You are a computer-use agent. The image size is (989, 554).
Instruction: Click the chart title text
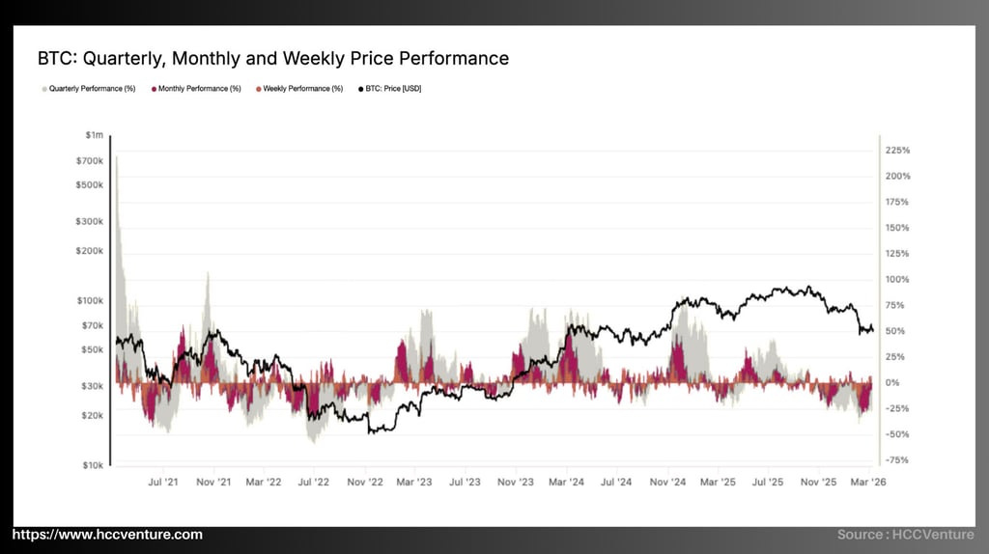pos(273,58)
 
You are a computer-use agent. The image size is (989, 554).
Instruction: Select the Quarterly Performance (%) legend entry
pos(89,89)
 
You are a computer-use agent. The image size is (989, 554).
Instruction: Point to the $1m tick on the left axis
pos(95,135)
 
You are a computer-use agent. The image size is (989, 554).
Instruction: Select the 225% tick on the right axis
pos(898,151)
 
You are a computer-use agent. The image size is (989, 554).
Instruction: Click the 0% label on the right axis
pos(893,382)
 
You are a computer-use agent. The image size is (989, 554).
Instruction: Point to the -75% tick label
pos(897,460)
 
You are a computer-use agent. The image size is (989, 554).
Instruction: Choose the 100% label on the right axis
pos(898,280)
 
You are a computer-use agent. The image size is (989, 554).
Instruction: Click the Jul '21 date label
pos(164,481)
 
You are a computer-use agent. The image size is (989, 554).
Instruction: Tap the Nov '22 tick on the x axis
pos(366,481)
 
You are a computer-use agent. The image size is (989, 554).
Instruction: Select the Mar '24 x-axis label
pos(566,481)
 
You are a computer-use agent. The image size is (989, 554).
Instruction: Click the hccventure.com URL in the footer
pos(107,535)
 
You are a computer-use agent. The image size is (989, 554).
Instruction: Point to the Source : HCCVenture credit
pos(907,535)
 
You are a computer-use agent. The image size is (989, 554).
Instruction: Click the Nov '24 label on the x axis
pos(667,481)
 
